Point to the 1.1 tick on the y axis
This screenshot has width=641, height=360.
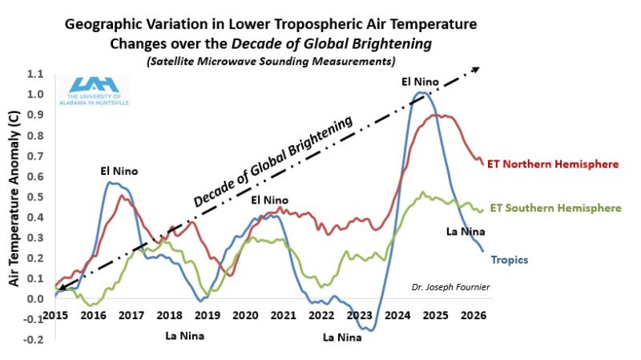coord(34,74)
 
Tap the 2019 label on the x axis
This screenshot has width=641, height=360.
coord(207,316)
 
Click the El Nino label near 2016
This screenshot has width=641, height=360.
coord(119,171)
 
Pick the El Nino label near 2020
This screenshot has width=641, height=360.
coord(271,200)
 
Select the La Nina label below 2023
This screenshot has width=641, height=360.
coord(343,338)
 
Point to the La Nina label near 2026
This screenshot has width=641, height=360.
coord(466,233)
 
